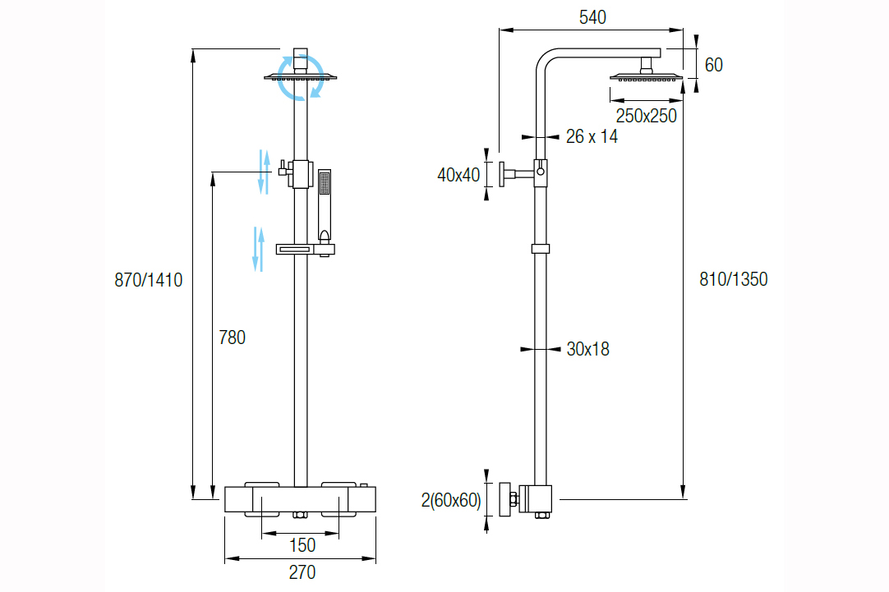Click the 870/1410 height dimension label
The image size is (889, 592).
(149, 280)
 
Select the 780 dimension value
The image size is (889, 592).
(232, 337)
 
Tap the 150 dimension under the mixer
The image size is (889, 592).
(302, 545)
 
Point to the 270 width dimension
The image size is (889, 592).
(302, 572)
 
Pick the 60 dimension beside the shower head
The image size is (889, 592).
(714, 65)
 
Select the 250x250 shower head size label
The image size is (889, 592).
(647, 116)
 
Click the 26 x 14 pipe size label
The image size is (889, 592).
(592, 137)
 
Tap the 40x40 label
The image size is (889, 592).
(458, 175)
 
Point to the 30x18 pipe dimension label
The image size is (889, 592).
(588, 349)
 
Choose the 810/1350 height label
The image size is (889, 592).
(734, 279)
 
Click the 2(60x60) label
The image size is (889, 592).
(451, 500)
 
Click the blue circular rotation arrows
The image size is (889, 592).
(300, 77)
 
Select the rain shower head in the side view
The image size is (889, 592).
(646, 78)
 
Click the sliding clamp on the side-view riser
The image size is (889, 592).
(541, 249)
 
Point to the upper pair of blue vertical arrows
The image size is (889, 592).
(264, 171)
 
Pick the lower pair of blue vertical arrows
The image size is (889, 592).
(258, 248)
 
